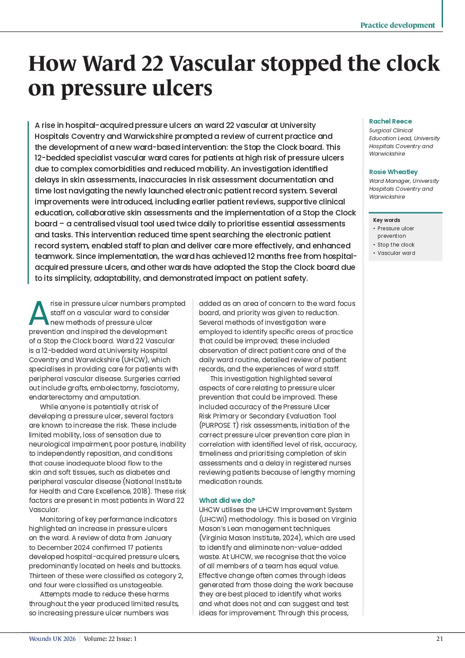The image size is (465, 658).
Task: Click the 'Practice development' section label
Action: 397,25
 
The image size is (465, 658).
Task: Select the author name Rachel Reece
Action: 390,121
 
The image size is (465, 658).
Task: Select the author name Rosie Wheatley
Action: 393,172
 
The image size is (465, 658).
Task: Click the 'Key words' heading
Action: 386,220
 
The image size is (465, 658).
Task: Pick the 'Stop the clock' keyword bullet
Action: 396,245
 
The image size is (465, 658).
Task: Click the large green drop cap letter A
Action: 39,313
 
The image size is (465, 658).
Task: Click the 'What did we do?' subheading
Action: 227,500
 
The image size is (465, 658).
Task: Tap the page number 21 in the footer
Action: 439,639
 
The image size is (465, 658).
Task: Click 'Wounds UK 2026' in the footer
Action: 52,639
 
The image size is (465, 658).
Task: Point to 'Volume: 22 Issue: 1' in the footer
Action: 110,639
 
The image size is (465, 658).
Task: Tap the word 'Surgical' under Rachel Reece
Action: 381,131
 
